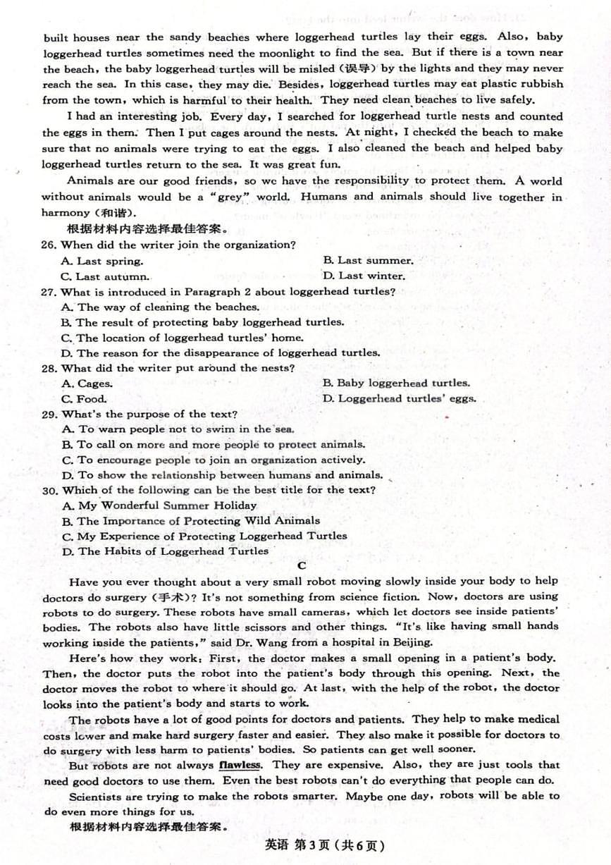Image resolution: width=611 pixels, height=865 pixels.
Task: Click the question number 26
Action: [49, 245]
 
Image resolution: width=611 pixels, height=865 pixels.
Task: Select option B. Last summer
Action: [368, 261]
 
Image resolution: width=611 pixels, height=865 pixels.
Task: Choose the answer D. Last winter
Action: [364, 276]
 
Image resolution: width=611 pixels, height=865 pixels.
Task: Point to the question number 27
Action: [49, 292]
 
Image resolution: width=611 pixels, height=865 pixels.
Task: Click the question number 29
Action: [49, 415]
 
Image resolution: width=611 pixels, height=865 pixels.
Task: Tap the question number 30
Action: [49, 491]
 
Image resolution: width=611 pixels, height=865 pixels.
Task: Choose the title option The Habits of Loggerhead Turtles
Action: [165, 551]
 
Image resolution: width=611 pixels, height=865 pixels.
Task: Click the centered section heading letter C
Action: [302, 565]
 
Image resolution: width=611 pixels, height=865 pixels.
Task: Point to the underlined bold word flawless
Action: [240, 765]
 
